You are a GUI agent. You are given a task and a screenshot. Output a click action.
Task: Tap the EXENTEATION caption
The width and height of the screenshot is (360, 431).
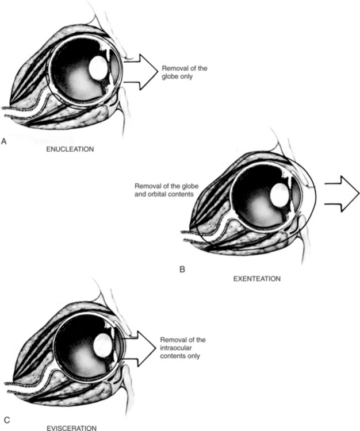click(x=257, y=279)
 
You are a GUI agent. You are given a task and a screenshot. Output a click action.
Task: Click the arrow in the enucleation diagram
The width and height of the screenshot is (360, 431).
click(x=140, y=72)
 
